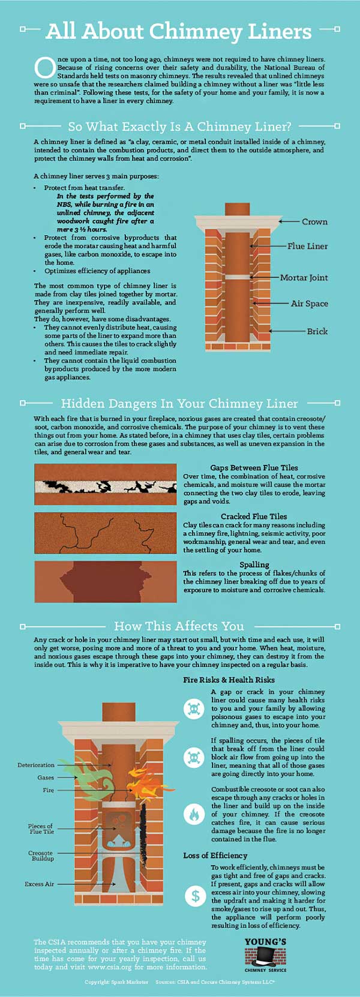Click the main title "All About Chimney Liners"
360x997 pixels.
click(x=178, y=32)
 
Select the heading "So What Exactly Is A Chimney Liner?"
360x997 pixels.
click(x=179, y=127)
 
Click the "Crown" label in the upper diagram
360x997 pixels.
click(x=314, y=221)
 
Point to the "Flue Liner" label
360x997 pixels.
click(x=307, y=246)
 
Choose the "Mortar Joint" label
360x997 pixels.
click(x=304, y=277)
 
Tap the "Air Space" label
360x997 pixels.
click(x=309, y=304)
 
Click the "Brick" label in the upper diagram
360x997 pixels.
click(x=317, y=331)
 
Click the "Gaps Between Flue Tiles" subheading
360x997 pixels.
click(x=254, y=468)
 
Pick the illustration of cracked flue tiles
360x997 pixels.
click(x=106, y=533)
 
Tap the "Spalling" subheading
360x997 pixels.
click(x=254, y=565)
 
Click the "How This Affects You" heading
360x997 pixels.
click(x=179, y=626)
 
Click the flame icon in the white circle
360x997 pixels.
click(x=194, y=813)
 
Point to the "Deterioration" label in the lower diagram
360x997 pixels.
click(x=36, y=765)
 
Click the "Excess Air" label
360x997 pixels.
click(x=39, y=884)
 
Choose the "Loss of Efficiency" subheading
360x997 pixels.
click(x=215, y=855)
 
